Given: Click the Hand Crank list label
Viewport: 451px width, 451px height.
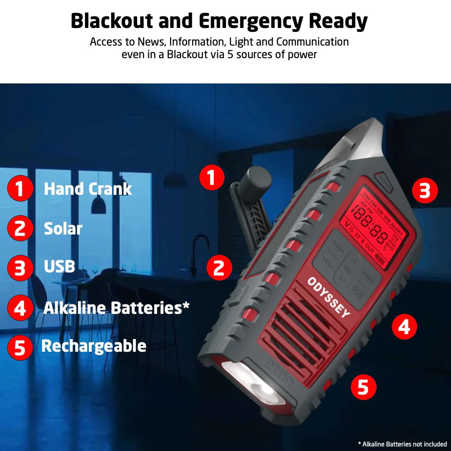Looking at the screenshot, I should pyautogui.click(x=87, y=189).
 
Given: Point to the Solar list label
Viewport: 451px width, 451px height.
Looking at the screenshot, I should pyautogui.click(x=63, y=229).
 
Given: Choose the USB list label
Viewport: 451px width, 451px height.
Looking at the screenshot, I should pyautogui.click(x=59, y=267).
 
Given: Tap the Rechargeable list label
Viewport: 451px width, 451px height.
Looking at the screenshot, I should pyautogui.click(x=94, y=346).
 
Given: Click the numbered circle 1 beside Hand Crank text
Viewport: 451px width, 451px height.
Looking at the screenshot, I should pyautogui.click(x=20, y=189).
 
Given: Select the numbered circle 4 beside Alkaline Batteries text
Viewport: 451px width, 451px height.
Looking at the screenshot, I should pyautogui.click(x=20, y=308).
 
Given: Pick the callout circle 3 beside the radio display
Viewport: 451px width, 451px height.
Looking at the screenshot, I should pyautogui.click(x=425, y=191).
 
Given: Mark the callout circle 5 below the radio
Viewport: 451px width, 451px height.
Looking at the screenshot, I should pyautogui.click(x=363, y=387).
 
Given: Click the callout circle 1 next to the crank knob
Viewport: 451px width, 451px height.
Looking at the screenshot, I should pyautogui.click(x=212, y=177).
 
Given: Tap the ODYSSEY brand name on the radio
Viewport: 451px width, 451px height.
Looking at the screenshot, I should pyautogui.click(x=328, y=297).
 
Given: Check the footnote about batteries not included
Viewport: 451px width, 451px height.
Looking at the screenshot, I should pyautogui.click(x=402, y=444).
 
